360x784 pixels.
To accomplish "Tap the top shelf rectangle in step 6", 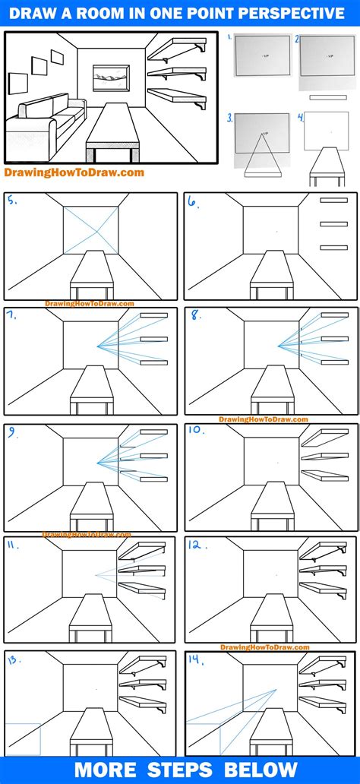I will (x=333, y=201).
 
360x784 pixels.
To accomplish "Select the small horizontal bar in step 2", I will (x=332, y=97).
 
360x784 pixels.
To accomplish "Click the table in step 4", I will (x=328, y=163).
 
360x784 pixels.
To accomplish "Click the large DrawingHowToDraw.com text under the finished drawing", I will (x=74, y=172).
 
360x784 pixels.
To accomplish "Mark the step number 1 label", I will (x=230, y=36).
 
